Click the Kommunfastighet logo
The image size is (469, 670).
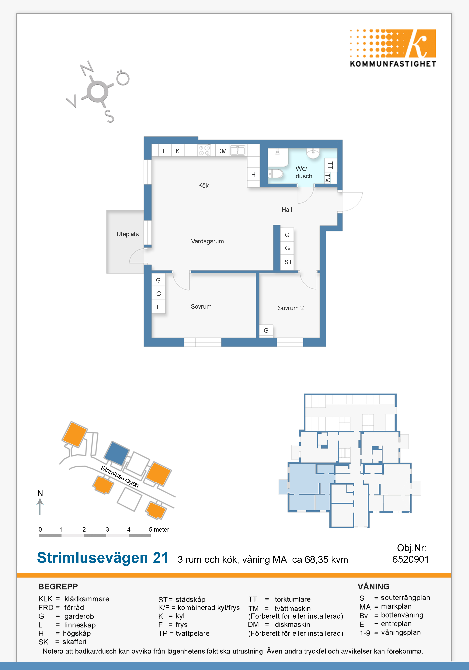point(393,48)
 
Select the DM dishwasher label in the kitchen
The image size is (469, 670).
point(222,151)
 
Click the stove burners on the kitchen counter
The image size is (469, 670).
point(204,151)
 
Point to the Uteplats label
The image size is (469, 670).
point(127,234)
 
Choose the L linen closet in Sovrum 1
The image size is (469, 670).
point(158,307)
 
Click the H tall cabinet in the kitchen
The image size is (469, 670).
point(253,175)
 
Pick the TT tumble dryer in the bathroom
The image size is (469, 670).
point(331,165)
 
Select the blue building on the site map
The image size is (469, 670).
point(117,453)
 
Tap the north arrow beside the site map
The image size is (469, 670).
point(40,506)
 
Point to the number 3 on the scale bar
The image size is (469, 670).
point(107,529)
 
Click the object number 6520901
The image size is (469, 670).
point(410,559)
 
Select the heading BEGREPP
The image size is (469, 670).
point(58,587)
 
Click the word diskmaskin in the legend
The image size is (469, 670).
point(292,624)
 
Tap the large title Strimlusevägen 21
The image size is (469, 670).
point(103,558)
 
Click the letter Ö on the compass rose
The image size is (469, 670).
point(123,78)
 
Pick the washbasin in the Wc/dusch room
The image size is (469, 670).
point(313,153)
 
